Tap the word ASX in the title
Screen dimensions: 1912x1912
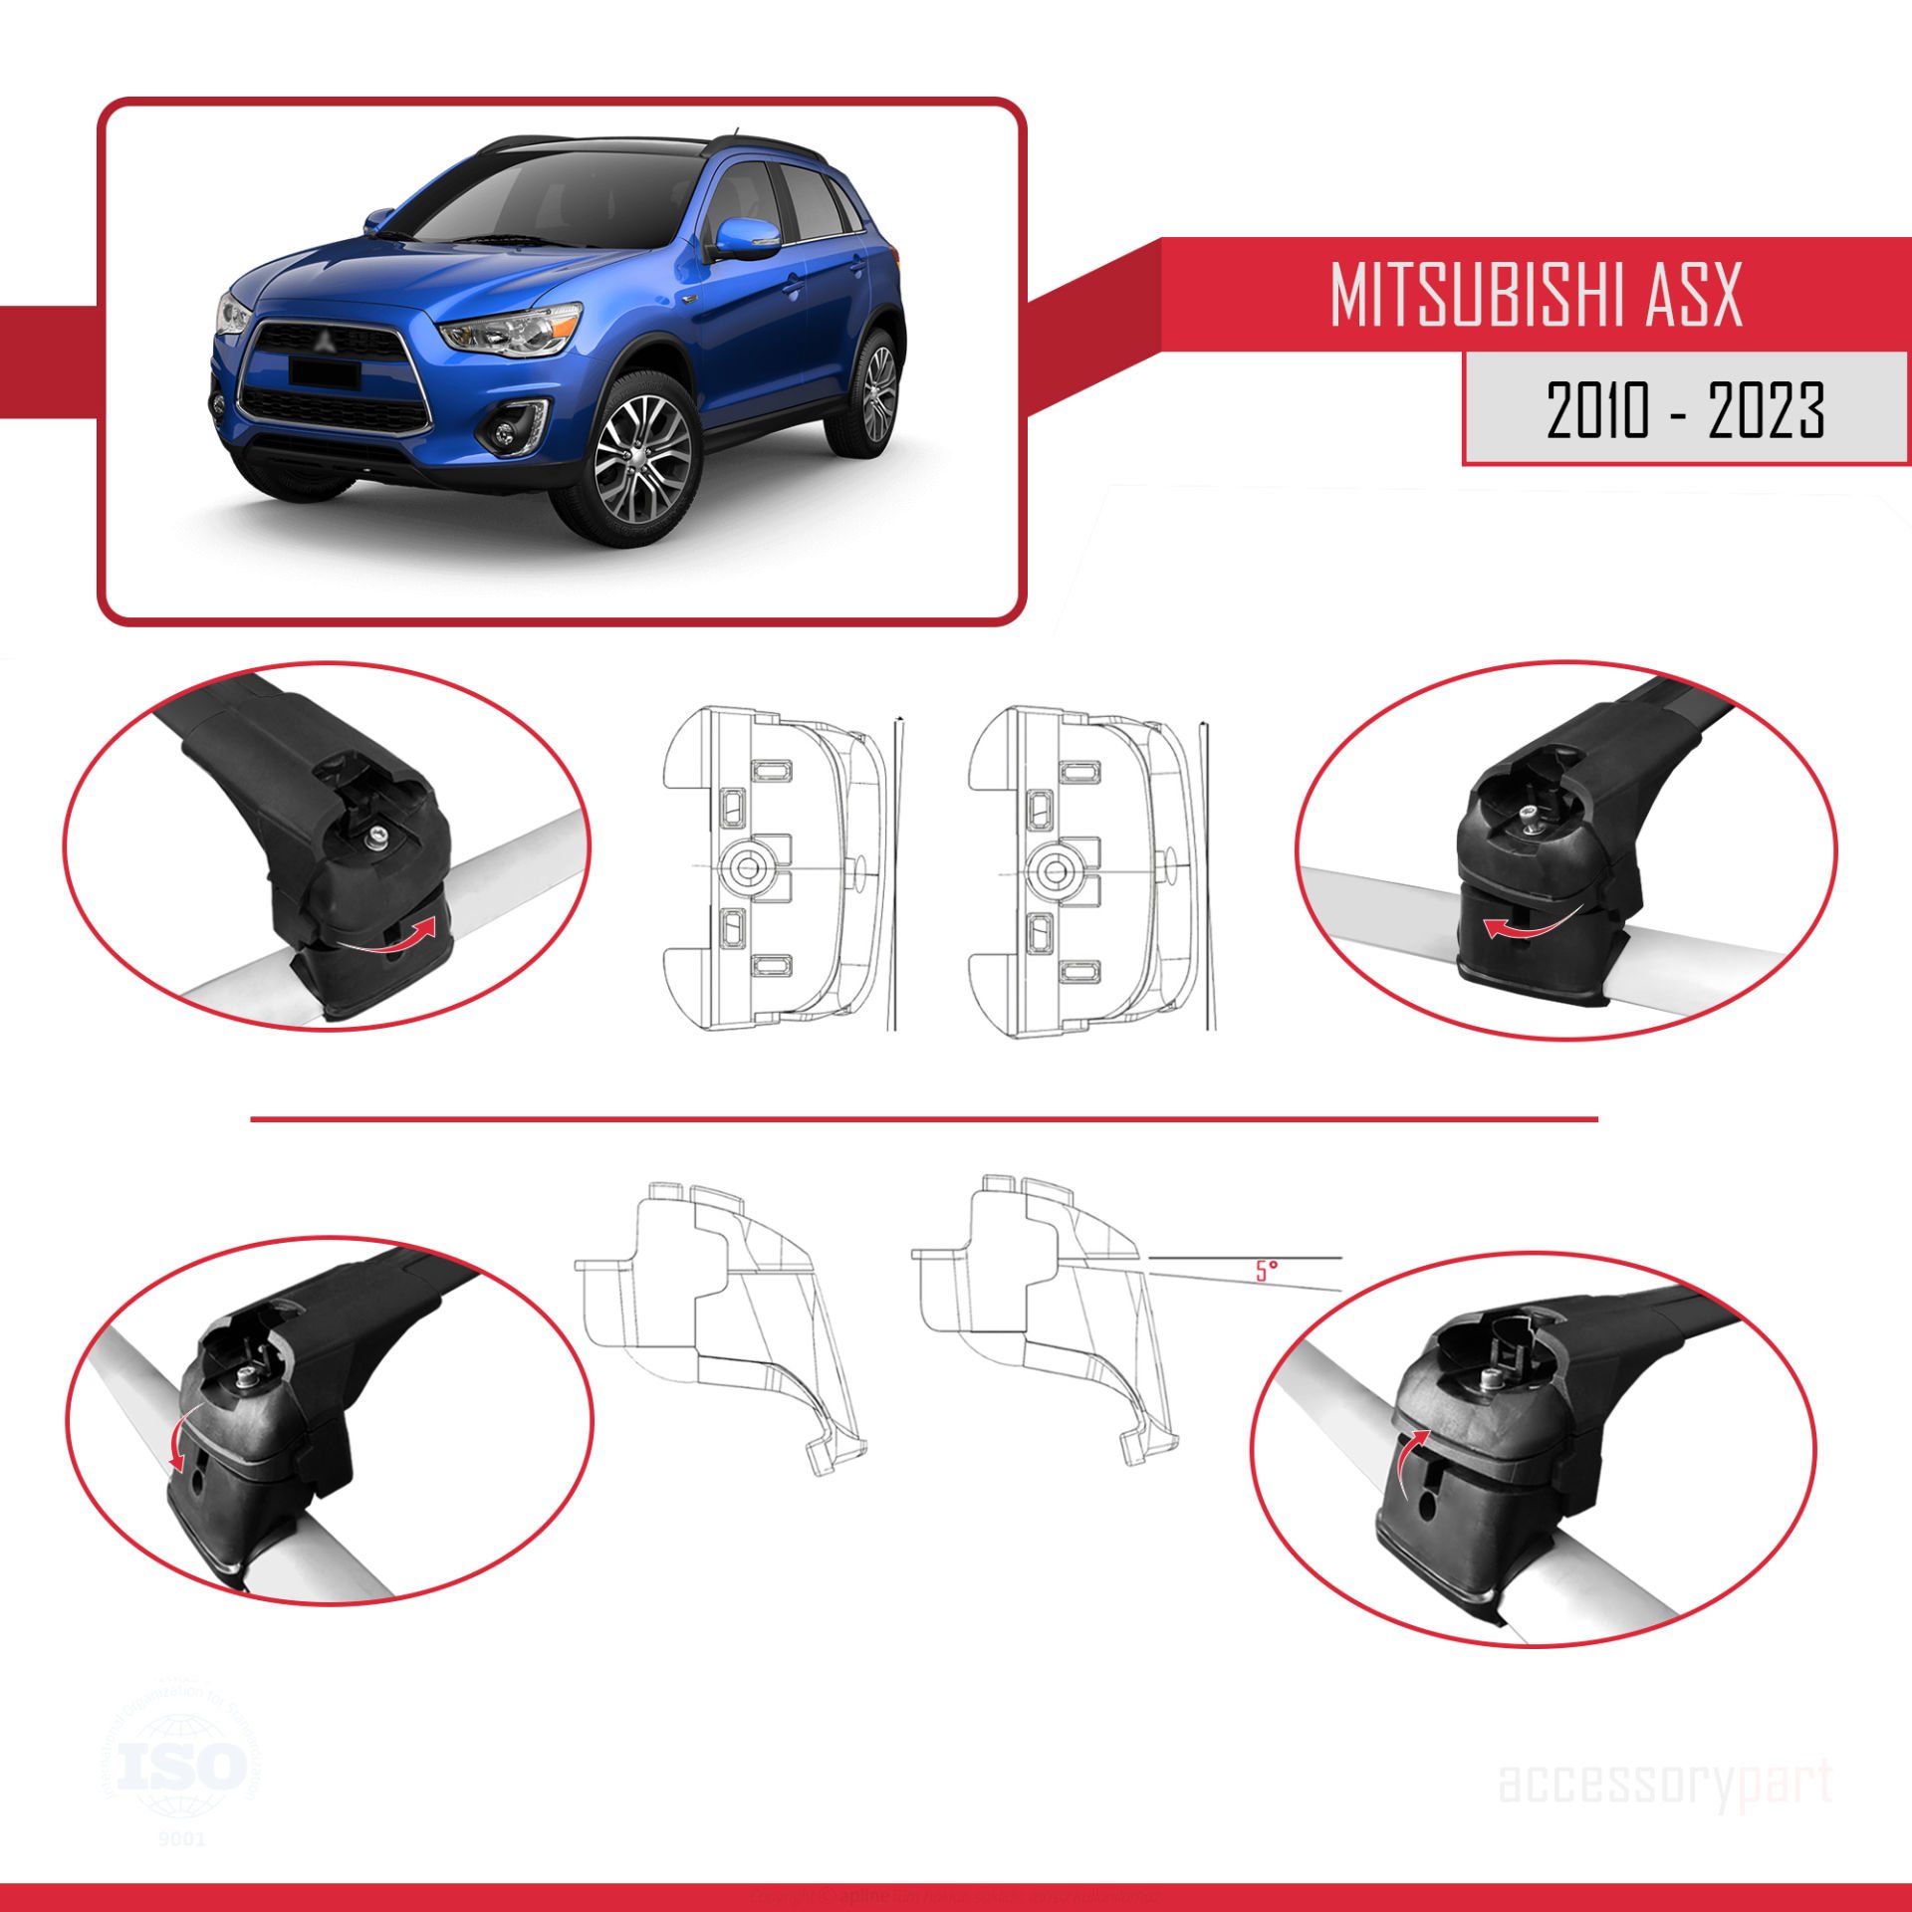coord(1693,296)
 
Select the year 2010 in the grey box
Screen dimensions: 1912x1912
coord(1597,410)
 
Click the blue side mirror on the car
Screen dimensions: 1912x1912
coord(747,240)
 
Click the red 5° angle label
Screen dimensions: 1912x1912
coord(1266,1271)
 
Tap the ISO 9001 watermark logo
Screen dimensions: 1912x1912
coord(181,1767)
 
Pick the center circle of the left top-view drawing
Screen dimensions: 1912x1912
coord(746,868)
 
